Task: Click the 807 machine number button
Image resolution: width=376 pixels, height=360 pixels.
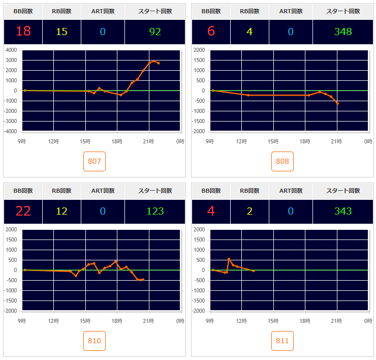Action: pyautogui.click(x=95, y=162)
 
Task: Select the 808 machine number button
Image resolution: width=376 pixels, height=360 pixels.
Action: pyautogui.click(x=283, y=162)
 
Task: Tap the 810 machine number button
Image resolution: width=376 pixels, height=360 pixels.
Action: pyautogui.click(x=95, y=341)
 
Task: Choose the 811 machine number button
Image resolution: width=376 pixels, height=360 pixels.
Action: pyautogui.click(x=283, y=341)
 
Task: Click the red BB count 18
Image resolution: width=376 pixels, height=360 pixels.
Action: pyautogui.click(x=23, y=32)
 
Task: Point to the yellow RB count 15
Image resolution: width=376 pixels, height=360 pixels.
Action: pyautogui.click(x=61, y=32)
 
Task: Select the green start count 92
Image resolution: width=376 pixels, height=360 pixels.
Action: pyautogui.click(x=155, y=32)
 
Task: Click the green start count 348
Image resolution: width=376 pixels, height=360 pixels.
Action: pyautogui.click(x=343, y=32)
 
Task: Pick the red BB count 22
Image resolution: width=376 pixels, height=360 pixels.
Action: pyautogui.click(x=23, y=211)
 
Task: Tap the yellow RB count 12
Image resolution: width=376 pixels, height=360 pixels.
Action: pyautogui.click(x=61, y=211)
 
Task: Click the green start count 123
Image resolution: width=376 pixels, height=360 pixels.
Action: pyautogui.click(x=155, y=211)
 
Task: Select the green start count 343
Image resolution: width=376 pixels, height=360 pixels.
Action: pyautogui.click(x=343, y=211)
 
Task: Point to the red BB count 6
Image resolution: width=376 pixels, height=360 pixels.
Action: pyautogui.click(x=211, y=32)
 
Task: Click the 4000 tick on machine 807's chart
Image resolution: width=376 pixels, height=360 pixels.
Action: pyautogui.click(x=12, y=50)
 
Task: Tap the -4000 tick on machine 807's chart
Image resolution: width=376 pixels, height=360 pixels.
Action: pyautogui.click(x=11, y=131)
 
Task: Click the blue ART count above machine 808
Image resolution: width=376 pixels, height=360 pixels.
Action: pyautogui.click(x=291, y=32)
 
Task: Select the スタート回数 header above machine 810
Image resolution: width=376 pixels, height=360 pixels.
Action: pyautogui.click(x=155, y=191)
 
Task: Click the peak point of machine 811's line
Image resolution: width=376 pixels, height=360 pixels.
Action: pyautogui.click(x=229, y=259)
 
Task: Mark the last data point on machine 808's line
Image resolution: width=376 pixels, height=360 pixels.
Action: pyautogui.click(x=337, y=103)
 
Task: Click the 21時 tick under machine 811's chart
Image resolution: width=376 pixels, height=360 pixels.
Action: pyautogui.click(x=336, y=321)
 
